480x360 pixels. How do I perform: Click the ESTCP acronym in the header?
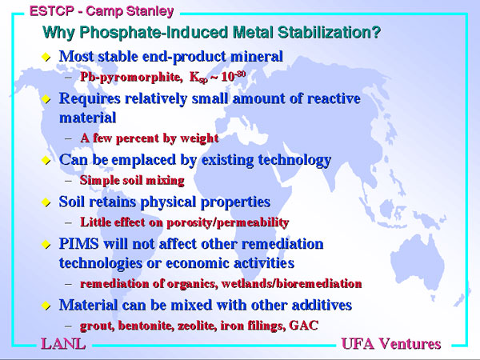[x=52, y=11]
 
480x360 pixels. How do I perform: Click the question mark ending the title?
[x=377, y=32]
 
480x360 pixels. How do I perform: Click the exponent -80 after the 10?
[x=241, y=74]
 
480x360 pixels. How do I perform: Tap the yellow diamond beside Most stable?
[x=46, y=57]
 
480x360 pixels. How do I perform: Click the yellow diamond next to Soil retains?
[x=46, y=202]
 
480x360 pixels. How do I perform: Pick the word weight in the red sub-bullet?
[x=199, y=138]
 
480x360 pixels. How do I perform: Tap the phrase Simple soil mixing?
[x=132, y=180]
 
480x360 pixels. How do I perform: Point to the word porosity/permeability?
[x=228, y=222]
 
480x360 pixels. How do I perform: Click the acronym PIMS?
[x=79, y=244]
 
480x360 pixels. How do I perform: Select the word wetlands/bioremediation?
[x=291, y=283]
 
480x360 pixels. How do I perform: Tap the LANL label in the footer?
[x=63, y=344]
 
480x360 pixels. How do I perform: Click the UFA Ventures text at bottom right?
[x=391, y=344]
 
